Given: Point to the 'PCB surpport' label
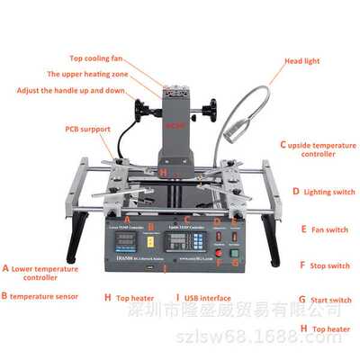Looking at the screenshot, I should coord(88,129).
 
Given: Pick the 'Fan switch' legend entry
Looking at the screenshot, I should coord(324,229).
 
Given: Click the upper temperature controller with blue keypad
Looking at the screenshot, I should coord(193,241).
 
